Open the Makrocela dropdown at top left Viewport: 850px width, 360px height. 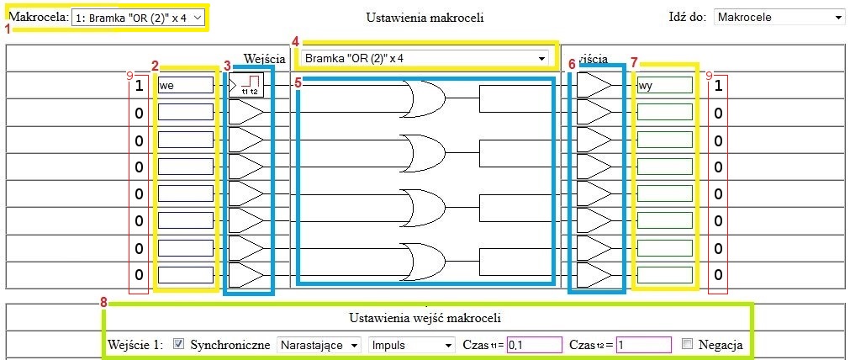(138, 17)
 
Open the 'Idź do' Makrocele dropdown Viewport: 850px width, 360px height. (779, 17)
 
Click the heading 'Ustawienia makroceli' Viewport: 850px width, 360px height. (425, 17)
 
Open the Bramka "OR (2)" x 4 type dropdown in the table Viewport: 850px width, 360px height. (425, 58)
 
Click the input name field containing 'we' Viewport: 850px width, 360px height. (186, 85)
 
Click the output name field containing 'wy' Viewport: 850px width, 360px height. (664, 85)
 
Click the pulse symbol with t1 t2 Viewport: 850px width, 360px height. (249, 85)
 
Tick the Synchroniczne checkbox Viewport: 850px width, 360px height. (178, 344)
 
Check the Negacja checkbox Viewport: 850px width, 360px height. (688, 344)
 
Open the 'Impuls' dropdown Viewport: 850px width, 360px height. (411, 345)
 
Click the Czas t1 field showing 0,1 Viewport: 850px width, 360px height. (534, 345)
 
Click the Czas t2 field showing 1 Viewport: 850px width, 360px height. (643, 345)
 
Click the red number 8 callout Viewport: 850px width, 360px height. (103, 302)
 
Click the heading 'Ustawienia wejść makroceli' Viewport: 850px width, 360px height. (425, 318)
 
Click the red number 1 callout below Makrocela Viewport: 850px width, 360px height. (8, 29)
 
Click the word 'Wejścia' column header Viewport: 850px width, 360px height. (266, 58)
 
